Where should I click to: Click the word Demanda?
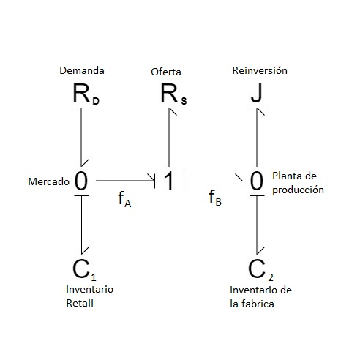tap(82, 71)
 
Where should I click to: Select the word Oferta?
tap(166, 72)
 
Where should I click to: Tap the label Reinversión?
tap(259, 71)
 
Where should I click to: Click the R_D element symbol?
tap(85, 94)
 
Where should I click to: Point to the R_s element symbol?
tap(173, 95)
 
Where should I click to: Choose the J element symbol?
tap(256, 94)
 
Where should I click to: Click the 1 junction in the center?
tap(169, 181)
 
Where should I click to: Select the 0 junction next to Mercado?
tap(81, 181)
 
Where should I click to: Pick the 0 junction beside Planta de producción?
tap(256, 181)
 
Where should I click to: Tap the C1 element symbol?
tap(84, 269)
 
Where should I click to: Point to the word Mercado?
tap(49, 181)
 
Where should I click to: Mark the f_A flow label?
tap(124, 199)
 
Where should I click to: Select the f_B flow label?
tap(214, 198)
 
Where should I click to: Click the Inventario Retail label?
tap(89, 296)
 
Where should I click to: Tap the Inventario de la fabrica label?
tap(260, 296)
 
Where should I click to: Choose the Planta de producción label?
tap(298, 182)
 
